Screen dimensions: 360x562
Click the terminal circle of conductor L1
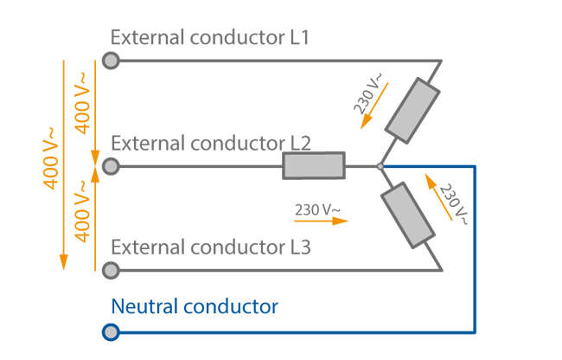point(111,61)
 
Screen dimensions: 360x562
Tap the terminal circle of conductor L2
point(111,165)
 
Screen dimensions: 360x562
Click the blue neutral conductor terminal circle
point(111,331)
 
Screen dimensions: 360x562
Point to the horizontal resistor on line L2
point(313,165)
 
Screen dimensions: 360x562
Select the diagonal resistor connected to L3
point(410,215)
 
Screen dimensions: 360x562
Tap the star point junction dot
point(380,165)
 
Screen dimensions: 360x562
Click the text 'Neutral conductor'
point(195,306)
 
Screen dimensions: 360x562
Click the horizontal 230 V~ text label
point(317,209)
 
